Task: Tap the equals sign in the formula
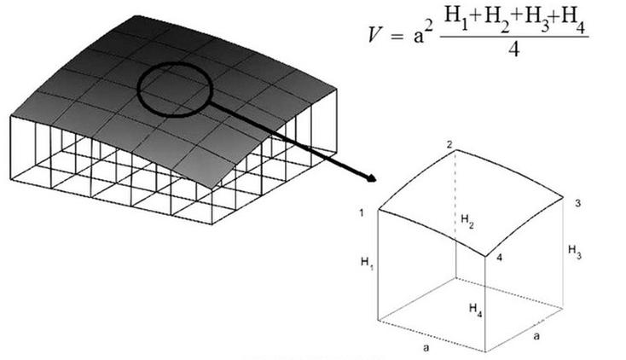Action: [x=396, y=37]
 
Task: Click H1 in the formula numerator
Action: [x=457, y=17]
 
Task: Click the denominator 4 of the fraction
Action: [x=513, y=49]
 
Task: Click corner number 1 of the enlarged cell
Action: [x=362, y=213]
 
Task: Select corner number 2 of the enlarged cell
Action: [x=449, y=145]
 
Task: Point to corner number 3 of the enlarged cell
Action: [x=577, y=203]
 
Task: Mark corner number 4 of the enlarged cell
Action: [x=499, y=258]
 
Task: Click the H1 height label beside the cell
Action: [x=368, y=264]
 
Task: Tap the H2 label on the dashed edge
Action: [x=467, y=221]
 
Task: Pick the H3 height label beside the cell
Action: [x=575, y=252]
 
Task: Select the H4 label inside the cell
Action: [x=476, y=310]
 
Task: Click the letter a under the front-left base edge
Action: [x=426, y=347]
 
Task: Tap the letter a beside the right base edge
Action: [x=536, y=335]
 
